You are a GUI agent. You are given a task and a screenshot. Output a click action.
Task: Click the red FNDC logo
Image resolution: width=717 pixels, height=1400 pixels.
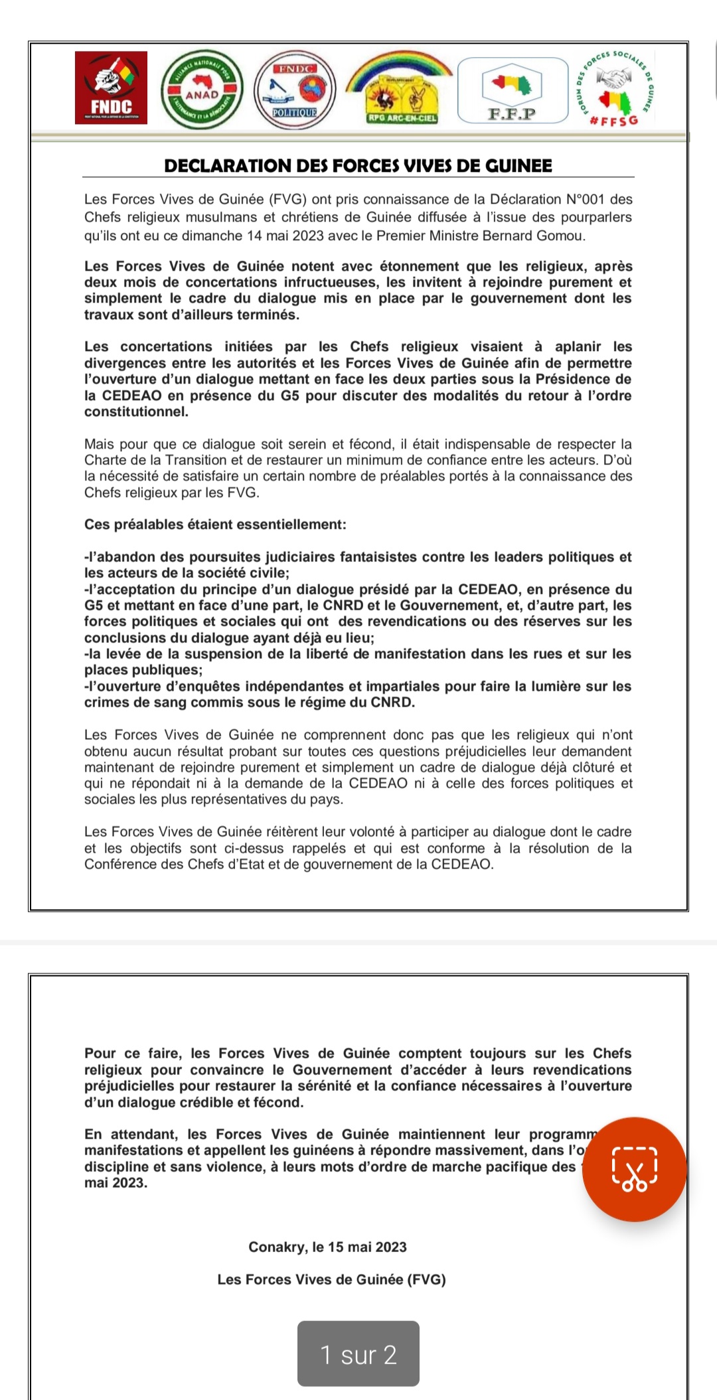click(x=111, y=88)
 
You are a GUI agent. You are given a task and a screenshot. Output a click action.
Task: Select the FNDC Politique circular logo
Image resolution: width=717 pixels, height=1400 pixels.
click(x=295, y=90)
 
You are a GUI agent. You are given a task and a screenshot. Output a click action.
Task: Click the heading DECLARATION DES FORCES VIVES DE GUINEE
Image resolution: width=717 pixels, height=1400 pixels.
click(x=358, y=166)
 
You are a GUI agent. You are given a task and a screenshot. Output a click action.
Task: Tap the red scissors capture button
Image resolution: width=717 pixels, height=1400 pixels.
click(x=634, y=1169)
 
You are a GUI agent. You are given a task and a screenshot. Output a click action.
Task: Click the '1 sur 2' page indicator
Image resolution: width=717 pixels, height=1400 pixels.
click(x=358, y=1354)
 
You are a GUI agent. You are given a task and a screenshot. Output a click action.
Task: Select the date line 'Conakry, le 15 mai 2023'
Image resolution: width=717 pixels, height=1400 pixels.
click(x=327, y=1247)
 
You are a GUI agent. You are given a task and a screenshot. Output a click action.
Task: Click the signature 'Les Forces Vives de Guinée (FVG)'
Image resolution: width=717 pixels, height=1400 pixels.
click(x=331, y=1279)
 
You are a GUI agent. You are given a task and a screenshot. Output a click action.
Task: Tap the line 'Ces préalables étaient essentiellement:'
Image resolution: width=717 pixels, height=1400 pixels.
click(x=215, y=524)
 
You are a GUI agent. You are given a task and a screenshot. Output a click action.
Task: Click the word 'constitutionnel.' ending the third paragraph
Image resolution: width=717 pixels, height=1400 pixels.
click(x=136, y=411)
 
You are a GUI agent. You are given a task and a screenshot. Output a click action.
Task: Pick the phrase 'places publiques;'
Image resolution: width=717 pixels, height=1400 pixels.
click(x=143, y=669)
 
